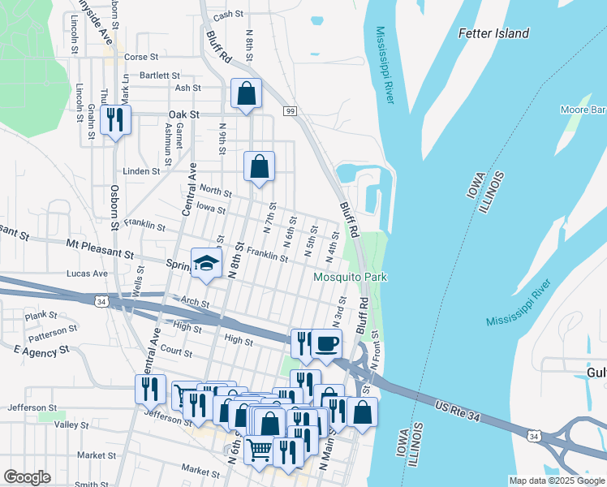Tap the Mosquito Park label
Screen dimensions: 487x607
click(x=351, y=278)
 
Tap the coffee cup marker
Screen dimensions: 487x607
click(x=326, y=344)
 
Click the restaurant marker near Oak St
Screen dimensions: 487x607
click(x=115, y=121)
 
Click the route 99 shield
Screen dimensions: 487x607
click(x=289, y=110)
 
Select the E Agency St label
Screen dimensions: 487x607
click(x=42, y=351)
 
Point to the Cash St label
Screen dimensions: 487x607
click(x=229, y=15)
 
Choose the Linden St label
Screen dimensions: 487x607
click(x=141, y=172)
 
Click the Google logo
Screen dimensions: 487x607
click(x=27, y=477)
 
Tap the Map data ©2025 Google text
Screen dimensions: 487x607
click(x=556, y=481)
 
